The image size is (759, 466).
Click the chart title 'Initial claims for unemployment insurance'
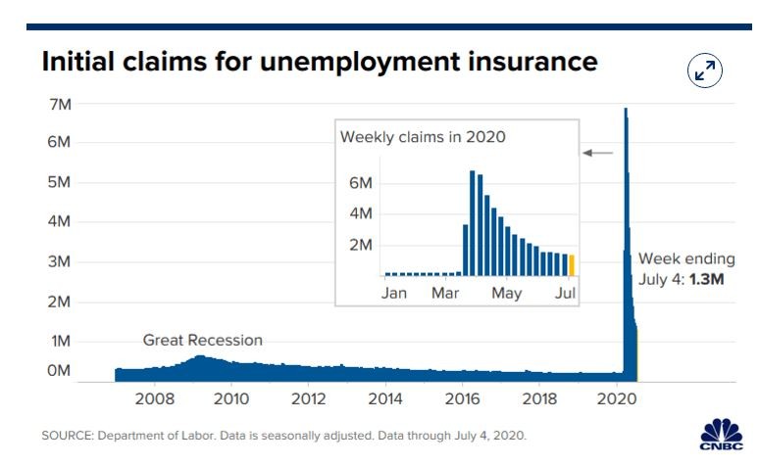click(x=319, y=62)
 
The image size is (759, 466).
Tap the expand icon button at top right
click(x=705, y=70)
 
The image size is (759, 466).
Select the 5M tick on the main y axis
click(x=57, y=182)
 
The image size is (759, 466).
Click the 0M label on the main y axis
click(x=57, y=371)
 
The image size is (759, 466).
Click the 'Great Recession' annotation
click(x=203, y=341)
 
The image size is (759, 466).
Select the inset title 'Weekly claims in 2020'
click(x=423, y=137)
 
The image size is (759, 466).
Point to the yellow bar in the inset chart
click(x=572, y=266)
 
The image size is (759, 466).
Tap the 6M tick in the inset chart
click(x=360, y=183)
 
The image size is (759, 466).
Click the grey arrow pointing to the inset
click(x=598, y=153)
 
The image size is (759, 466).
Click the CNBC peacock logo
click(x=720, y=434)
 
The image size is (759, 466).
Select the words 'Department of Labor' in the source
click(x=149, y=435)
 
